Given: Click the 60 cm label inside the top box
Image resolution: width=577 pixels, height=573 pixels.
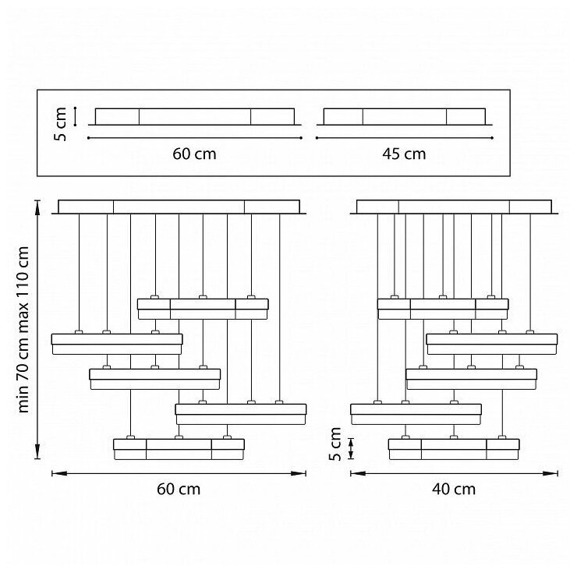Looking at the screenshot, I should [194, 154].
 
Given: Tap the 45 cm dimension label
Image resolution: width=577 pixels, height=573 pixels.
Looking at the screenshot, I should [404, 154].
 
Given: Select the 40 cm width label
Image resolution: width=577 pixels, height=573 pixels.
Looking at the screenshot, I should [453, 490].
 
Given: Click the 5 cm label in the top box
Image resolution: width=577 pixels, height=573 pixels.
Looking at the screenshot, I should [61, 122].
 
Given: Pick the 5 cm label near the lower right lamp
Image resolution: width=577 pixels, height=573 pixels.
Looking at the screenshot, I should [335, 444].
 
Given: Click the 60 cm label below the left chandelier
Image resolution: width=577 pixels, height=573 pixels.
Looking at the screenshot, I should [179, 490].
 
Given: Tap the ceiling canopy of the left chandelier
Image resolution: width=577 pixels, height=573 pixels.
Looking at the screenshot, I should [179, 207].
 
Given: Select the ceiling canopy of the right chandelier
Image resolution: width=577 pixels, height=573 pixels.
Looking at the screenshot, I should [455, 207].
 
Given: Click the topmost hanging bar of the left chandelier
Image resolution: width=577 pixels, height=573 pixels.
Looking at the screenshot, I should [203, 309].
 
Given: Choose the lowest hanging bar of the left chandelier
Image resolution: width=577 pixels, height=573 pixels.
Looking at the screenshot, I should [179, 449].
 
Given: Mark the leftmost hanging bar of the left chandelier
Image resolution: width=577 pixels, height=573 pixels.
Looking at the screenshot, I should [117, 344].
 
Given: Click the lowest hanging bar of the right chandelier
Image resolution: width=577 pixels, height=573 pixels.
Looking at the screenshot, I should [454, 449].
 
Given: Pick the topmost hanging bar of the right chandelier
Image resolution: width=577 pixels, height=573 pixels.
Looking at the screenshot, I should [443, 309].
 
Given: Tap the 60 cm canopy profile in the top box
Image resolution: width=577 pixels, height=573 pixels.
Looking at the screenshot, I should [194, 117].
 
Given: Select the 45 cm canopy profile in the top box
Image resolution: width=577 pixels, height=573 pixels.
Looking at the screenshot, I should [404, 117].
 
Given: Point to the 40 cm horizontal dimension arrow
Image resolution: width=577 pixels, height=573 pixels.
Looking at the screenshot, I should [454, 472].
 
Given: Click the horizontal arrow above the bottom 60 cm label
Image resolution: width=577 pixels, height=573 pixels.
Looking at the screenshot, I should [179, 472].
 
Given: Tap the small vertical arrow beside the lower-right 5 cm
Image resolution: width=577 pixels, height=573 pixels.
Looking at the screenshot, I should [352, 448].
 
